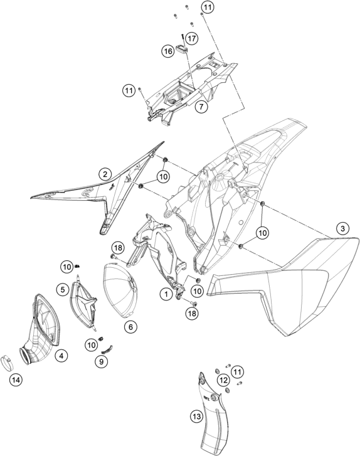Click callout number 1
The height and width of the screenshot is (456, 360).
(166, 294)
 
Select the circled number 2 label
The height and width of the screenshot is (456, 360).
(105, 174)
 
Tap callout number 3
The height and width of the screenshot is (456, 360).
(342, 228)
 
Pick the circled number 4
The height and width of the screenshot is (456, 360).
(61, 355)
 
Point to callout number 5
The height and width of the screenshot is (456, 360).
(63, 289)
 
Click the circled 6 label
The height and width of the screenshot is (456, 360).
(130, 327)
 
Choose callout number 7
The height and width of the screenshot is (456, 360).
(201, 107)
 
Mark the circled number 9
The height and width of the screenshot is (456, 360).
(102, 361)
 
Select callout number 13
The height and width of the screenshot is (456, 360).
(196, 416)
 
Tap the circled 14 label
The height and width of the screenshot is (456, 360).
(16, 380)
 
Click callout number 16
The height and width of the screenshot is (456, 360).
(168, 51)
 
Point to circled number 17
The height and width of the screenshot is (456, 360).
(192, 38)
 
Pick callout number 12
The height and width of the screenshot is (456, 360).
(223, 380)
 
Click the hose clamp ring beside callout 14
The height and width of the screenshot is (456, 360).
(8, 363)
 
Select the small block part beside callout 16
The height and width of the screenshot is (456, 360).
(181, 49)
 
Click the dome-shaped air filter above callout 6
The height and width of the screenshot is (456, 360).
(119, 292)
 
